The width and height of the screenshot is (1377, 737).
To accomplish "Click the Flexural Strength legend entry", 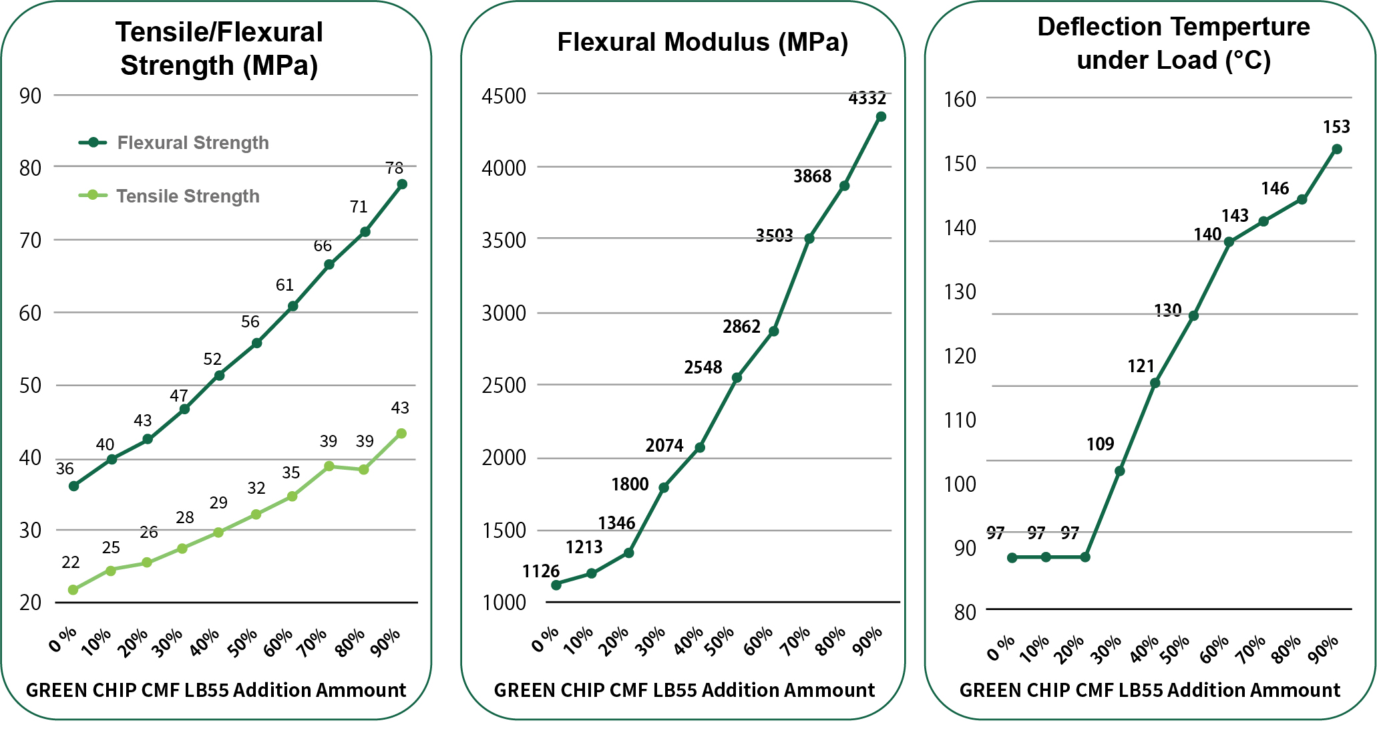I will tap(192, 142).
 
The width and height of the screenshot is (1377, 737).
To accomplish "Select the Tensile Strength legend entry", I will tap(188, 196).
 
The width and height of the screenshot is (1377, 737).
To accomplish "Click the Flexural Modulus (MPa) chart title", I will tap(703, 42).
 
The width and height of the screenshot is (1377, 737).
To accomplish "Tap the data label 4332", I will tap(867, 98).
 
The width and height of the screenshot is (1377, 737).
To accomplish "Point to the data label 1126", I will tap(540, 571).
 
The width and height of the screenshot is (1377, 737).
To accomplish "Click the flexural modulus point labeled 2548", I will tap(737, 378).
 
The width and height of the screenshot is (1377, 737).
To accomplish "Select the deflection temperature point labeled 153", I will tap(1336, 149).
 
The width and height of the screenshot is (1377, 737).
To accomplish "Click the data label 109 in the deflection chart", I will tap(1100, 444).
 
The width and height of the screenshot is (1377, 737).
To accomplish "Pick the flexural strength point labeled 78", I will tap(402, 184).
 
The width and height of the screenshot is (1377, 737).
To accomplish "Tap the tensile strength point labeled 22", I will tap(73, 590).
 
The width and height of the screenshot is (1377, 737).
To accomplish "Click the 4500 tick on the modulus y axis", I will tap(504, 96).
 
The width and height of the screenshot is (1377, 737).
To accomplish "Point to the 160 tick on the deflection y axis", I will tap(960, 99).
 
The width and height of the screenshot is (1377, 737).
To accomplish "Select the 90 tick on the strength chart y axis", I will tap(30, 96).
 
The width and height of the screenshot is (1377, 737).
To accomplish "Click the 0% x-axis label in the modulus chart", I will tap(545, 640).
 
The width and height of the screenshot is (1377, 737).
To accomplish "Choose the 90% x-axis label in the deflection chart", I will tap(1323, 649).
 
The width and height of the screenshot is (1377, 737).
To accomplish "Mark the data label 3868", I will tap(812, 176).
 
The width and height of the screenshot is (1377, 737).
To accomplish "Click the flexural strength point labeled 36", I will tap(73, 486).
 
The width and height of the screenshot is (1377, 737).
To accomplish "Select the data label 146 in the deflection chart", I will tap(1274, 188).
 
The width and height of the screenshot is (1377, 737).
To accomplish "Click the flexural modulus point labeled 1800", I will tap(664, 488).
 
